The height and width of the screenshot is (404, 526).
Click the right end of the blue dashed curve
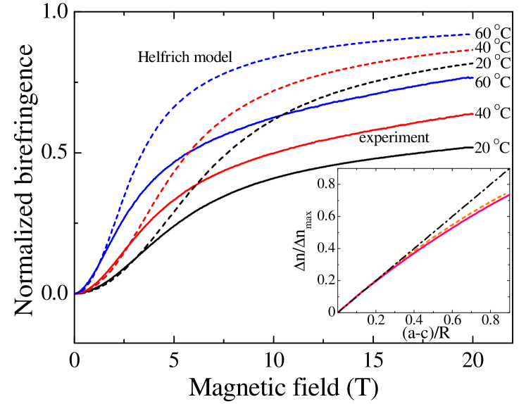(x=470, y=34)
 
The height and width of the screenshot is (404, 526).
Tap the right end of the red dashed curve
(x=474, y=50)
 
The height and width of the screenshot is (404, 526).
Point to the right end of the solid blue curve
(x=472, y=77)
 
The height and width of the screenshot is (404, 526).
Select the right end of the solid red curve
(x=472, y=113)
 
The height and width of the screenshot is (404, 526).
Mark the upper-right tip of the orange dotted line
(x=507, y=194)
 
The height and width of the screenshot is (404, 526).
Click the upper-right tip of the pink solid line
(x=509, y=195)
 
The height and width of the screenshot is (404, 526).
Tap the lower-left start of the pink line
(x=339, y=310)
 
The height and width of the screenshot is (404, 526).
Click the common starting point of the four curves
(x=75, y=293)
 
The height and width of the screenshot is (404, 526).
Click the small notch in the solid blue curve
(x=282, y=115)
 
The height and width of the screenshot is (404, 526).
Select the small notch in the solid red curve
(x=194, y=185)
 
